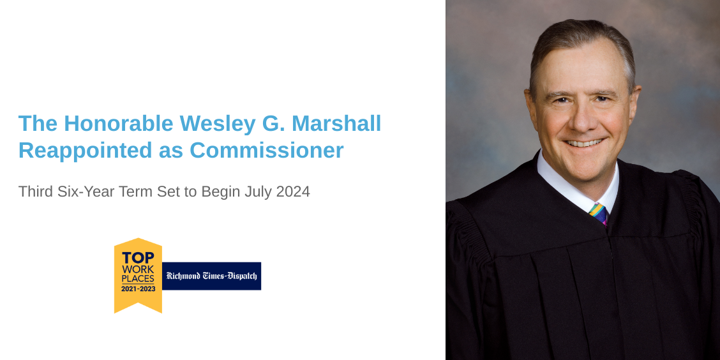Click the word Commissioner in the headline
click(267, 151)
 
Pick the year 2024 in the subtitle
click(293, 191)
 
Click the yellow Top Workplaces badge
click(138, 275)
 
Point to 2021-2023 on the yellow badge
click(138, 289)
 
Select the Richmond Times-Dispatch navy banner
click(211, 276)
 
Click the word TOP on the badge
click(138, 257)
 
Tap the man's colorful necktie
click(598, 213)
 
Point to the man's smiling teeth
click(583, 142)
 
